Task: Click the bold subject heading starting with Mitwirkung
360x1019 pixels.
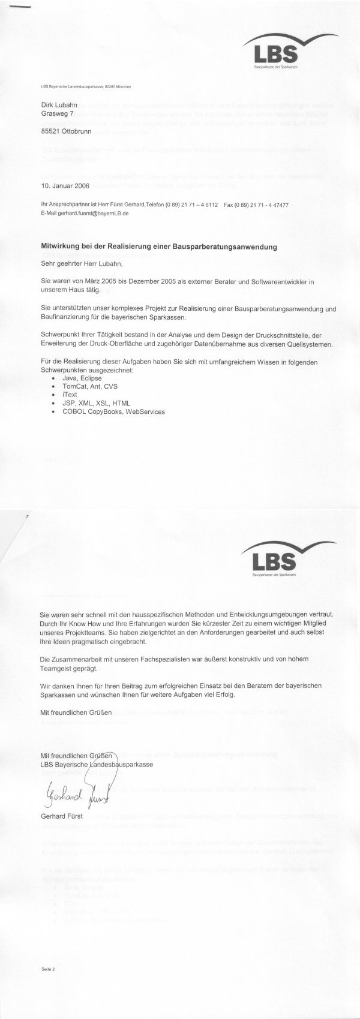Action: point(158,247)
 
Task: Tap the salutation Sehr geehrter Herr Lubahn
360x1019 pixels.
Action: point(81,262)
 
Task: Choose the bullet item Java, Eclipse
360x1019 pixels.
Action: point(82,378)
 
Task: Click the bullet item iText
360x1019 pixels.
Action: point(70,395)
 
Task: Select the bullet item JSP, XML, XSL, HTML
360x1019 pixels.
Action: point(96,403)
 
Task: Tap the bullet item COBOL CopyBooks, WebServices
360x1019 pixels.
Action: point(113,411)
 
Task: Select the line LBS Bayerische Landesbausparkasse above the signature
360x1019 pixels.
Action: point(96,764)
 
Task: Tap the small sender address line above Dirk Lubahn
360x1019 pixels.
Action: point(86,87)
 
